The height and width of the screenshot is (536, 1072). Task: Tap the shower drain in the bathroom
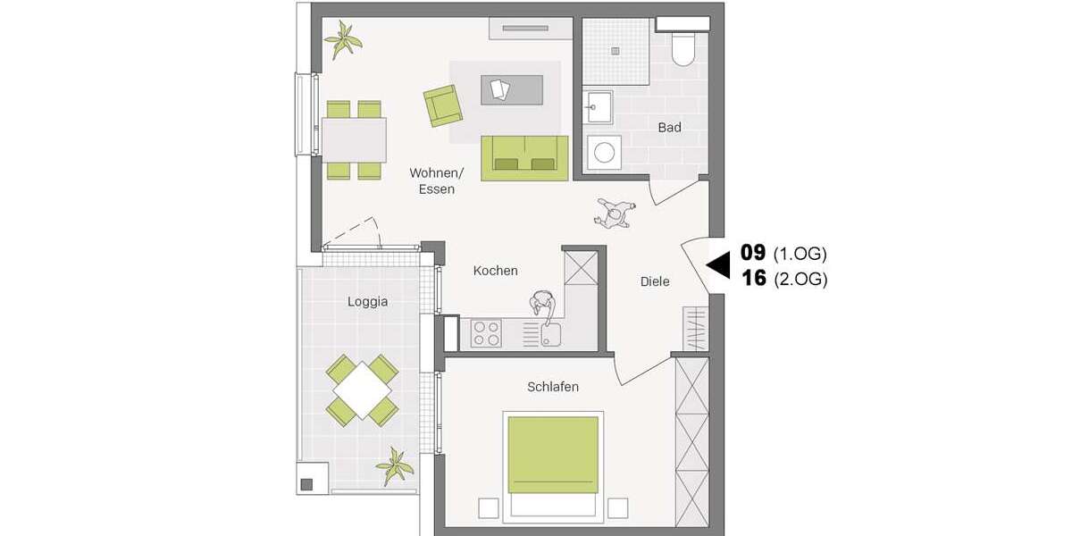tap(615, 51)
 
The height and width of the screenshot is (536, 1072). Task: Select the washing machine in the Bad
tap(605, 153)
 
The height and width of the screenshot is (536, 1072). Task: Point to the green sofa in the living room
tap(524, 158)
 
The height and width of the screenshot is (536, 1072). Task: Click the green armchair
tap(442, 105)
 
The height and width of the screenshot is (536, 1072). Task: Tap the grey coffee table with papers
tap(511, 89)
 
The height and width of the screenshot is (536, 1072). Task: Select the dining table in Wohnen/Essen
tap(354, 140)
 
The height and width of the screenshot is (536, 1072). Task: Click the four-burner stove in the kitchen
tap(487, 334)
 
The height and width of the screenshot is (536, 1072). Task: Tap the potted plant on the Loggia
tap(394, 465)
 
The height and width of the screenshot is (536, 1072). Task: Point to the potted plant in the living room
tap(343, 39)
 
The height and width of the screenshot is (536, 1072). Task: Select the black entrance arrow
tap(718, 265)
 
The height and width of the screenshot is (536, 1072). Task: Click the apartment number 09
tap(753, 253)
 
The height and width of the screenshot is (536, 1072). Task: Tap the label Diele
tap(655, 281)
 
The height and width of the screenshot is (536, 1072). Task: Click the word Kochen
tap(495, 271)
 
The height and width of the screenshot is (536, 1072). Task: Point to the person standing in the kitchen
tap(543, 305)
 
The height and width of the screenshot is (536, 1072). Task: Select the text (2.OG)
tap(800, 280)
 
